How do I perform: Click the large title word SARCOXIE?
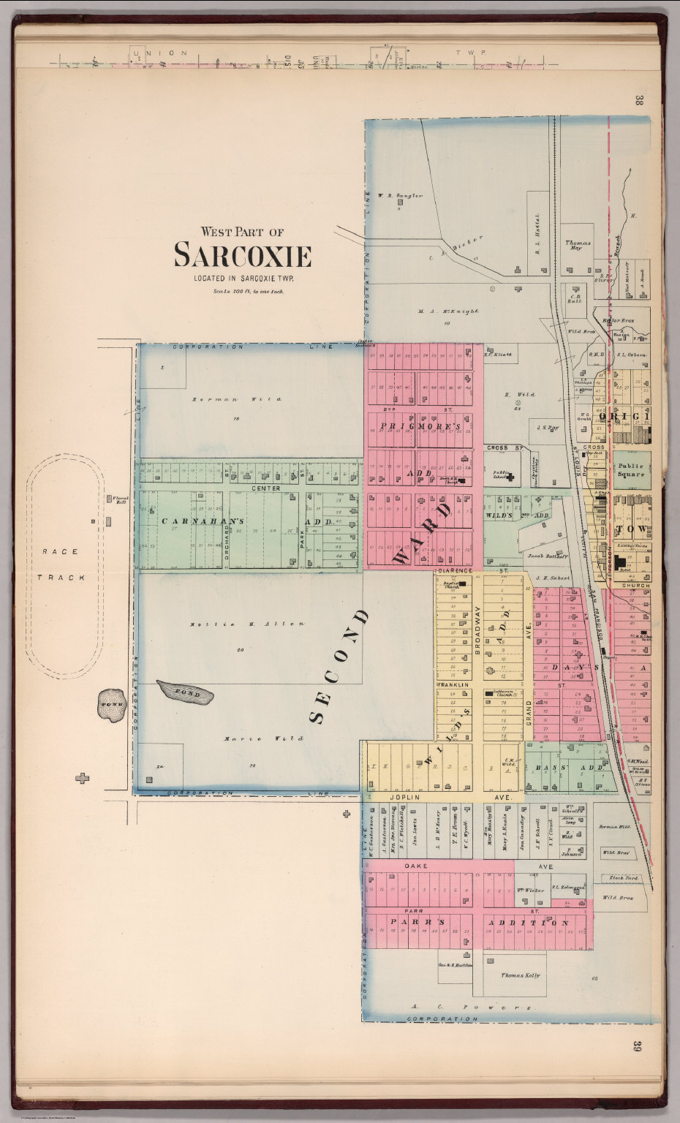click(x=242, y=256)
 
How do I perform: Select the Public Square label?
click(x=630, y=469)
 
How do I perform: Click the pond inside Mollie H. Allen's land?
click(x=185, y=692)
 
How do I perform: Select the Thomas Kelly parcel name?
click(x=520, y=975)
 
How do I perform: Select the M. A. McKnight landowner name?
click(x=448, y=311)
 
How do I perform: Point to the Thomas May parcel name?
click(x=578, y=245)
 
